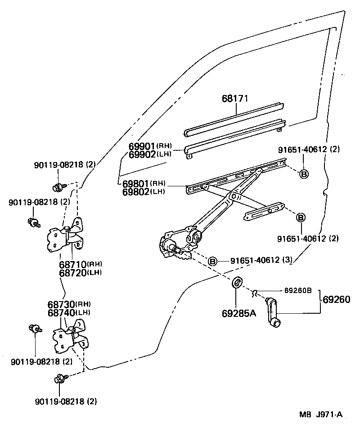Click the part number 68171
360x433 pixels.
[235, 99]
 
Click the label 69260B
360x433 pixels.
[297, 290]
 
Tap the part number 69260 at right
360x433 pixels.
[337, 299]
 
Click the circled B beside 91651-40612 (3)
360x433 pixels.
[212, 261]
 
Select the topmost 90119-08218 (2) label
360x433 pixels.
[65, 165]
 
